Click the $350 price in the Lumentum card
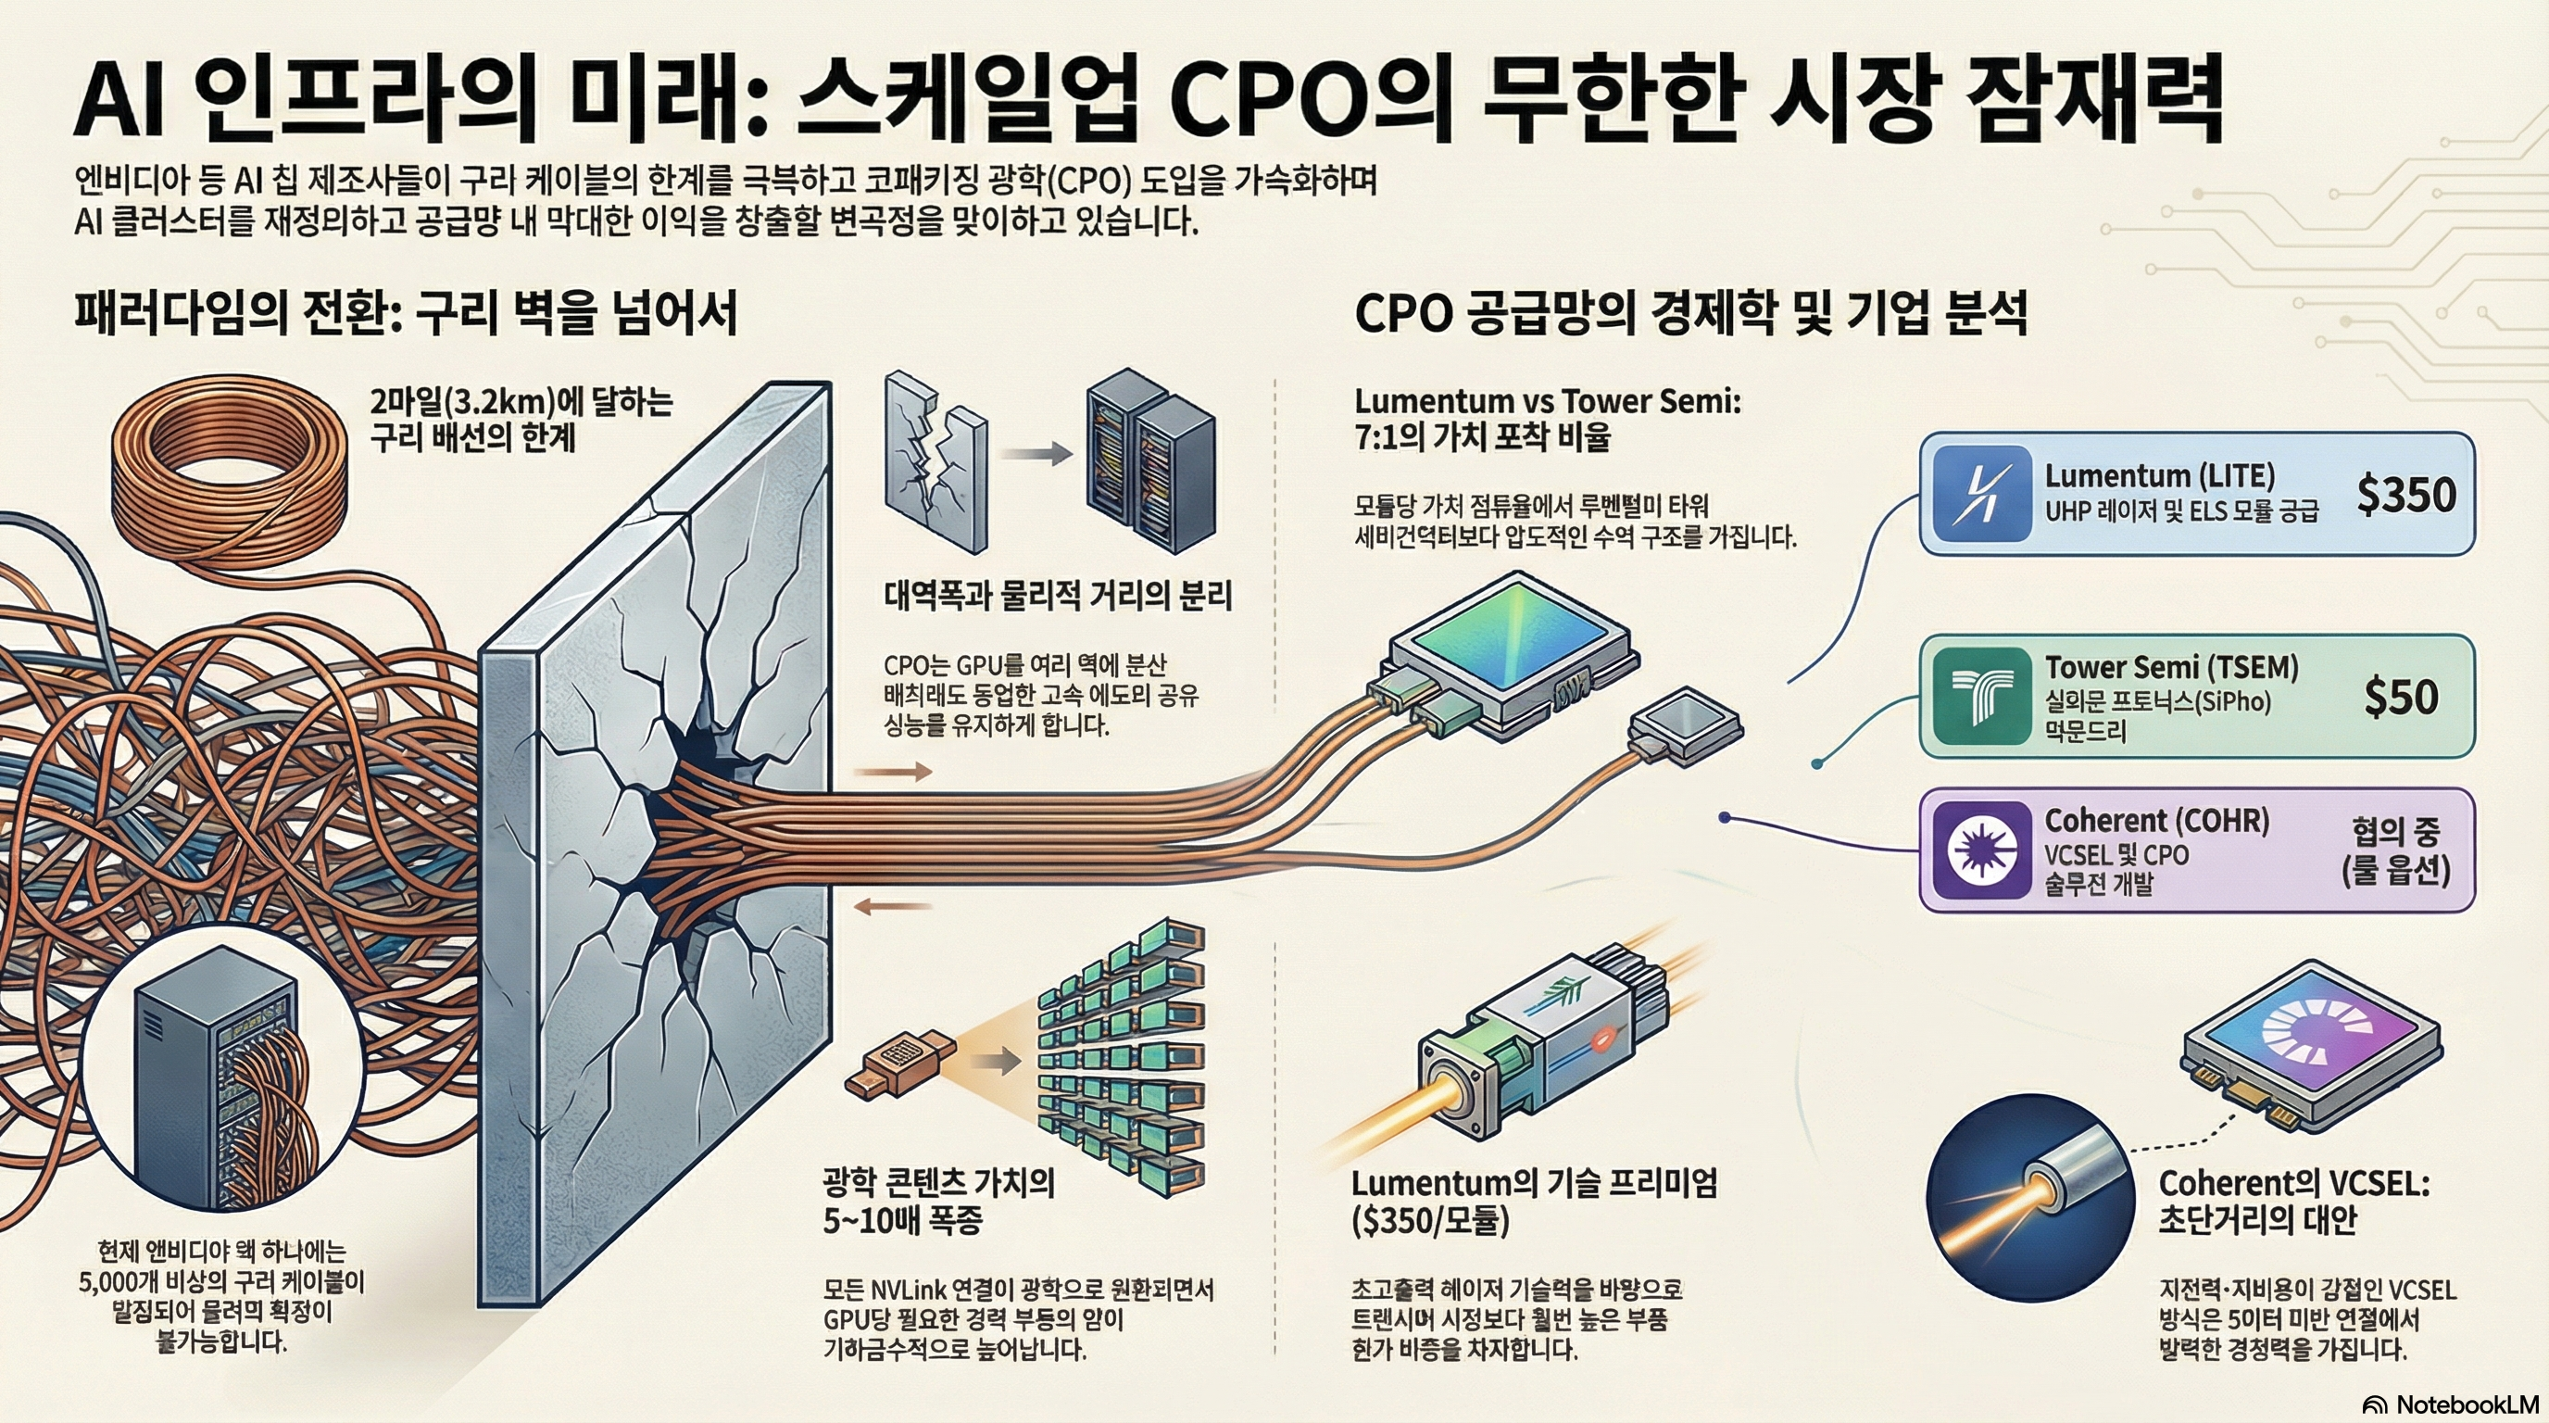coord(2405,494)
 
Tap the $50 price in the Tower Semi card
coord(2401,697)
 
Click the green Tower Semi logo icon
coord(1981,696)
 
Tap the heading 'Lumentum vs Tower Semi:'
coord(1547,401)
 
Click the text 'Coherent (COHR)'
coord(2156,820)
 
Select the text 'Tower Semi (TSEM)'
coord(2171,667)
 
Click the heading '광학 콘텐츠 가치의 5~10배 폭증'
coord(937,1201)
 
